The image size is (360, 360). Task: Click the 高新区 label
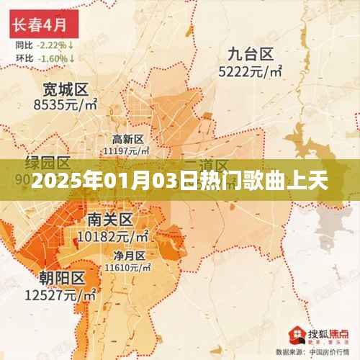pos(128,139)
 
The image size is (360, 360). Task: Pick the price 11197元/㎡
pos(127,150)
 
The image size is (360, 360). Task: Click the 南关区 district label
pos(109,219)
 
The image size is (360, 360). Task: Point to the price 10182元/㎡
pos(113,235)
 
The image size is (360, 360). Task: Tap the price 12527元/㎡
pos(62,294)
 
